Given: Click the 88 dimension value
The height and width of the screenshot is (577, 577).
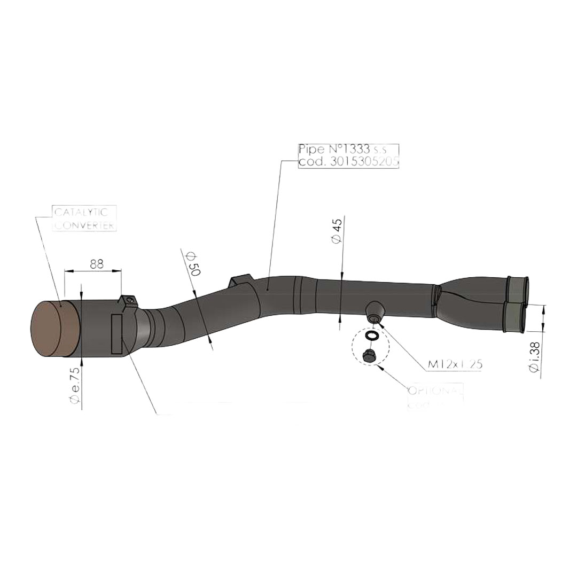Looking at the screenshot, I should pyautogui.click(x=96, y=263).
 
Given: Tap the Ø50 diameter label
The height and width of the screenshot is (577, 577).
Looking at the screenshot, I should pyautogui.click(x=192, y=264).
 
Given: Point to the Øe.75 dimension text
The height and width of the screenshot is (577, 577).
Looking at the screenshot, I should pyautogui.click(x=75, y=384).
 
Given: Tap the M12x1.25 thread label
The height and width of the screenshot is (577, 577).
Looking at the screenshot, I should pyautogui.click(x=455, y=364).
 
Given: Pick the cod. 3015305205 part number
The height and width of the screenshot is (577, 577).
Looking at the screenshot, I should pyautogui.click(x=348, y=162).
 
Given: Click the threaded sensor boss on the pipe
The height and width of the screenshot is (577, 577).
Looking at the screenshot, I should pyautogui.click(x=374, y=311).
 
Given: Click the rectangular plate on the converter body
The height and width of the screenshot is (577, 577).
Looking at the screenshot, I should pyautogui.click(x=116, y=334).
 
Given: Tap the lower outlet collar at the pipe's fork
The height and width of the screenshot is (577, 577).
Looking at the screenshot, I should pyautogui.click(x=515, y=317).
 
